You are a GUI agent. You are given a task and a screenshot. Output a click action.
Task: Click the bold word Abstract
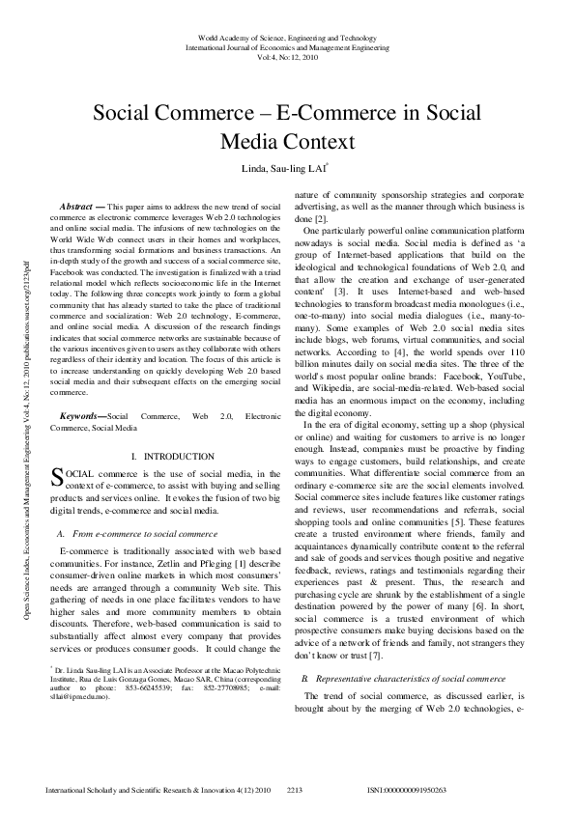tap(77, 208)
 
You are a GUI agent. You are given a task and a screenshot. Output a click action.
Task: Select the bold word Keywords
tap(79, 415)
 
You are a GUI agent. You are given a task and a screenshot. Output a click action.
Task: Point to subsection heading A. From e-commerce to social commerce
tap(138, 533)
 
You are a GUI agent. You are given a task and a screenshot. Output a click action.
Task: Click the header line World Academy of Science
tap(287, 34)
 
